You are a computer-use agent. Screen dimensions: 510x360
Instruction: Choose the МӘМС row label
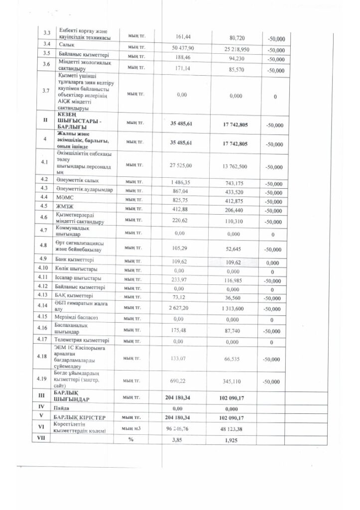coord(66,199)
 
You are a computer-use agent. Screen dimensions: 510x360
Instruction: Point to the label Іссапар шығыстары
coord(78,277)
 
